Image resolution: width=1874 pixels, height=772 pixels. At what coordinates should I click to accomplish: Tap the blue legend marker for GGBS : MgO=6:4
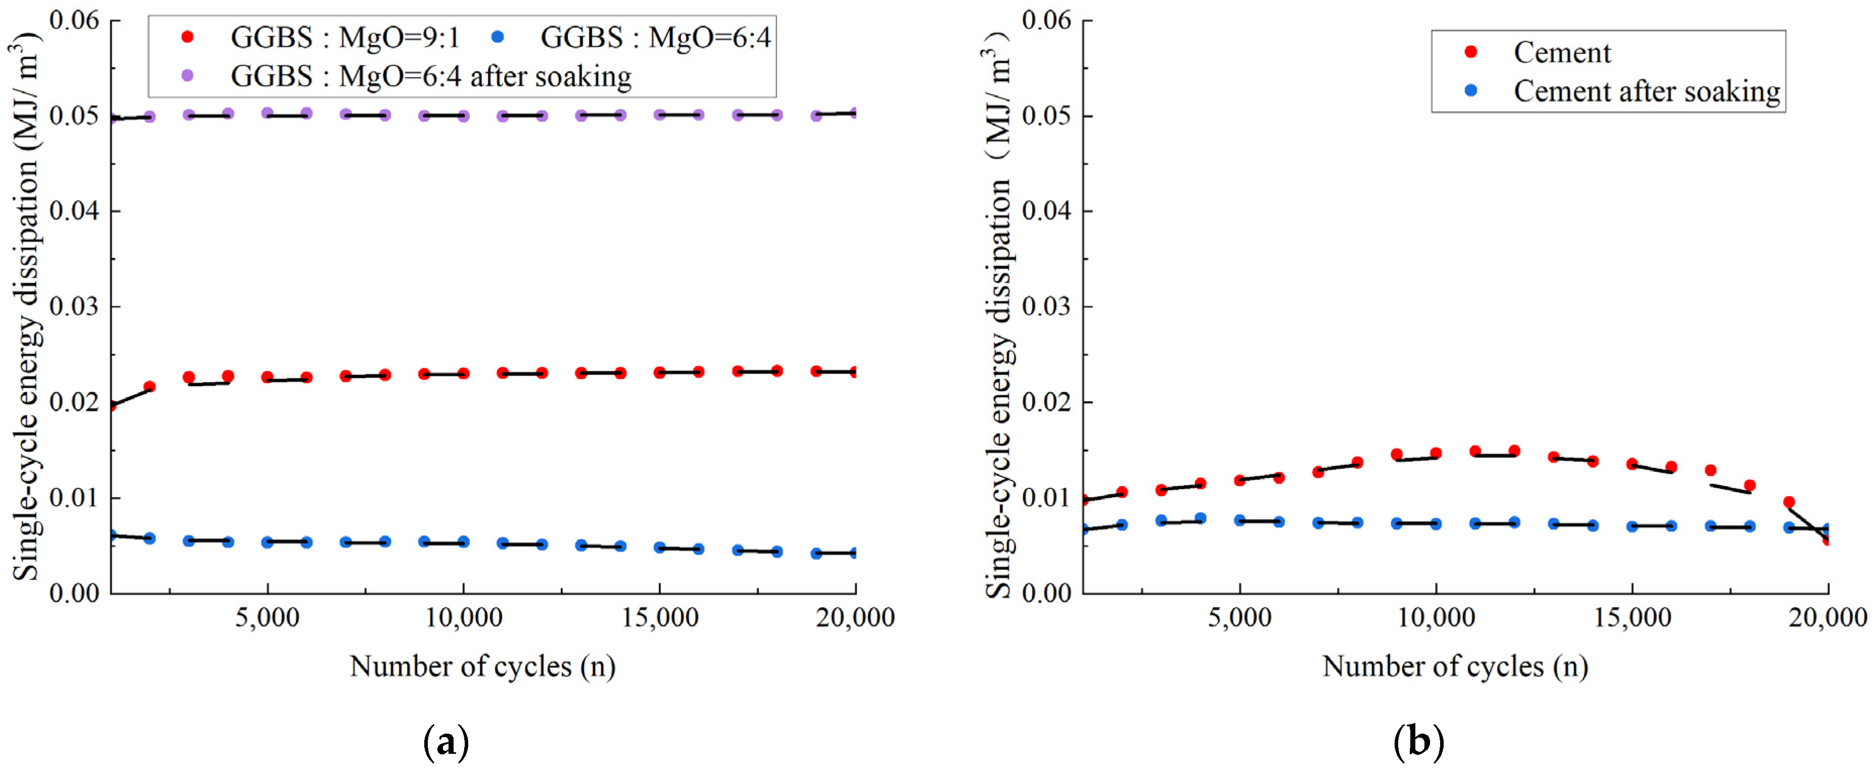[x=498, y=36]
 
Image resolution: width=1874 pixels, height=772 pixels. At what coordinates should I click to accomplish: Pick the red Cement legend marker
[x=1471, y=52]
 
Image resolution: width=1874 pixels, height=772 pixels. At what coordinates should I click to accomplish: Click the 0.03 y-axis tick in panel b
[x=1046, y=307]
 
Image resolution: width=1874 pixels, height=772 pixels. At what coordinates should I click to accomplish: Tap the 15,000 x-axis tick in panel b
[x=1632, y=618]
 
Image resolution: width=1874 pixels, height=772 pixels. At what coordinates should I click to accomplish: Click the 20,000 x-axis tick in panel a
[x=855, y=618]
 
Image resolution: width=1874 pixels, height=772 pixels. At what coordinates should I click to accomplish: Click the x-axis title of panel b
[x=1455, y=666]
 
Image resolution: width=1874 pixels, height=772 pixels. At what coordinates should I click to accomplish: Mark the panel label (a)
[x=445, y=742]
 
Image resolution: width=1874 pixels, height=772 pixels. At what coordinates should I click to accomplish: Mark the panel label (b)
[x=1418, y=742]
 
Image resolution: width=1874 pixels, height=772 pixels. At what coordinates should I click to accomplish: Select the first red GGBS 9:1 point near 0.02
[x=111, y=405]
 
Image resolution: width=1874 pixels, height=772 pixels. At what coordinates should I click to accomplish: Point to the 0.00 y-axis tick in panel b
[x=1046, y=593]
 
